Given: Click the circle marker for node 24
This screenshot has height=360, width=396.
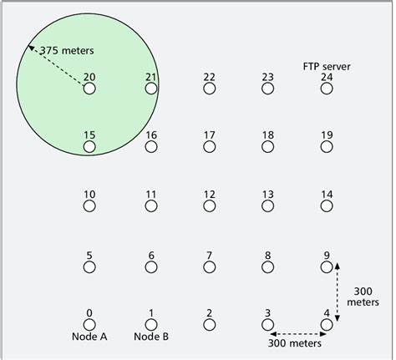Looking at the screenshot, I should [327, 88].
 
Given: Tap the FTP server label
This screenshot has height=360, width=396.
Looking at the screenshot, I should [327, 65].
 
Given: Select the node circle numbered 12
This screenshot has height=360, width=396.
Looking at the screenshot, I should [210, 205].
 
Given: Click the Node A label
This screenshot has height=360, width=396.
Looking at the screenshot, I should [89, 337].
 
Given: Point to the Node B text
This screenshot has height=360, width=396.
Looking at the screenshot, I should [151, 337].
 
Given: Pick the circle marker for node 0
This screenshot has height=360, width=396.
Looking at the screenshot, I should [89, 324].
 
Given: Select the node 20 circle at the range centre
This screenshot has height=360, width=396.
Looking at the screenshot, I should [89, 88].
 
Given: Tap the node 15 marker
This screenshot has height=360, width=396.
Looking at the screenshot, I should [89, 147].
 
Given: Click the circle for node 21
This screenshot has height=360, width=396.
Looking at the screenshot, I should [151, 88].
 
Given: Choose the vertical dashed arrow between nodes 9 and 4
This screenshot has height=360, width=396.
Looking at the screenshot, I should [338, 290].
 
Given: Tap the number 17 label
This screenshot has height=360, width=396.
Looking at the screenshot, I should [210, 134].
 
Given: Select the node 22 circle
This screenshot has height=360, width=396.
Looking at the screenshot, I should [210, 88].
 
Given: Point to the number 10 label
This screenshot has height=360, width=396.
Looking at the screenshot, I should [89, 194].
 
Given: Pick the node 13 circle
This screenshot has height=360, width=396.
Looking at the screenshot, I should [268, 205].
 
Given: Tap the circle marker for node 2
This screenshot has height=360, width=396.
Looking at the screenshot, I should [210, 324].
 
